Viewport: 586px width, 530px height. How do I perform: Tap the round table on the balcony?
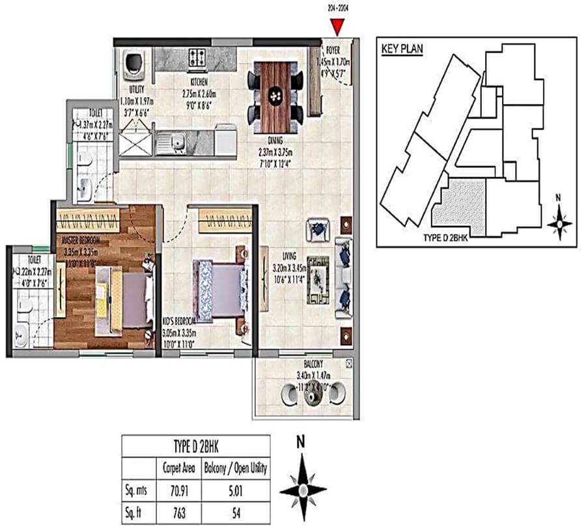click(310, 395)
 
